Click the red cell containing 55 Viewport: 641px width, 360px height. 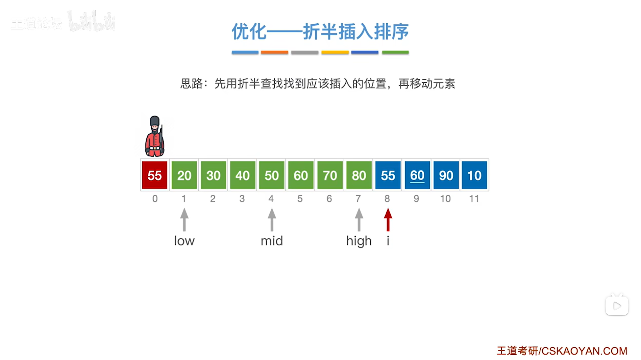pyautogui.click(x=154, y=175)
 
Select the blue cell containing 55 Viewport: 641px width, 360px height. pyautogui.click(x=388, y=175)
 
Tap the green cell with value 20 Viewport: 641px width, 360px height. pyautogui.click(x=184, y=175)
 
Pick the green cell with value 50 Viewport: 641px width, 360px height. pyautogui.click(x=271, y=175)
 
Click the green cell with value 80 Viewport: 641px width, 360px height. pyautogui.click(x=359, y=175)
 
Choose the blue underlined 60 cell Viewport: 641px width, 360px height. pyautogui.click(x=417, y=175)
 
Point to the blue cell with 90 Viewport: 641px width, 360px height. pyautogui.click(x=446, y=175)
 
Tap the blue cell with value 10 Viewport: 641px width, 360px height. pyautogui.click(x=474, y=175)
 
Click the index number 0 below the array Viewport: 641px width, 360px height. pyautogui.click(x=155, y=199)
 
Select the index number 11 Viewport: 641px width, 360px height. pyautogui.click(x=474, y=199)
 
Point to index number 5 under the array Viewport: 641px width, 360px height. pyautogui.click(x=300, y=199)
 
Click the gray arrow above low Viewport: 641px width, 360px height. pyautogui.click(x=184, y=220)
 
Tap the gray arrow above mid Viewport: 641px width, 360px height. pyautogui.click(x=272, y=220)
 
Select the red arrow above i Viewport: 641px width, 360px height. pyautogui.click(x=388, y=220)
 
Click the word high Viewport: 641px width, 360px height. pyautogui.click(x=359, y=241)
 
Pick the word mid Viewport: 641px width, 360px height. pyautogui.click(x=272, y=241)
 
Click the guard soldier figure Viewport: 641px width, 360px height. pyautogui.click(x=155, y=137)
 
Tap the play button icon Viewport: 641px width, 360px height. pyautogui.click(x=617, y=306)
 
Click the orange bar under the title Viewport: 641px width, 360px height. pyautogui.click(x=274, y=52)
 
